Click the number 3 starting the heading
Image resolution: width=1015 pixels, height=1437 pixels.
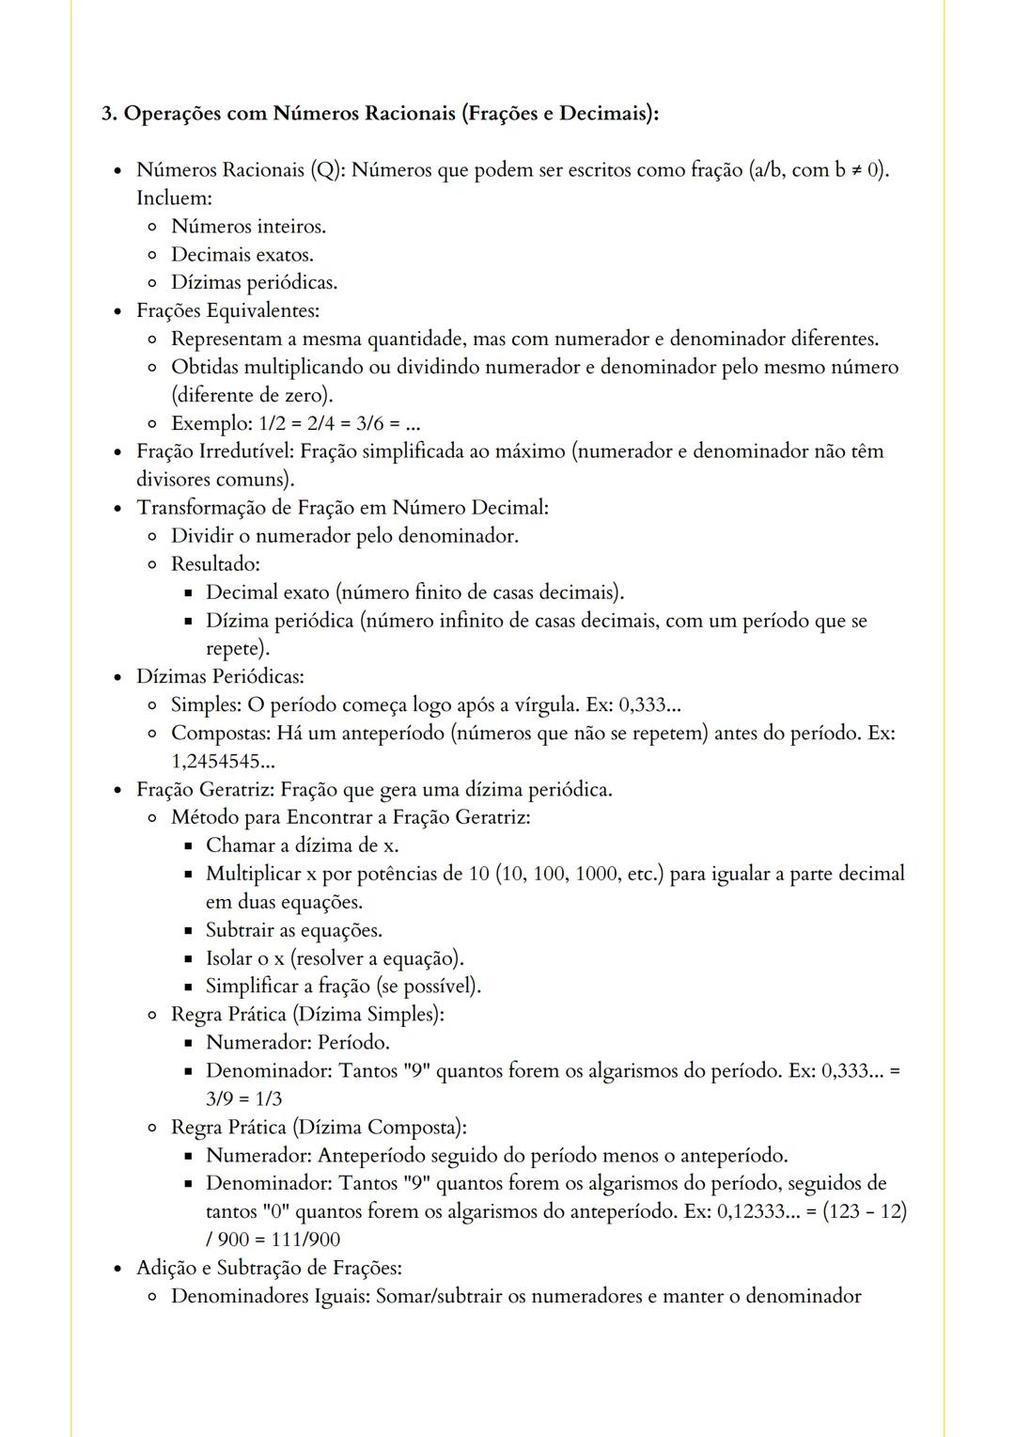tap(107, 114)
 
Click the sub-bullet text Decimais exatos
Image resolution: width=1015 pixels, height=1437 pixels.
tap(242, 255)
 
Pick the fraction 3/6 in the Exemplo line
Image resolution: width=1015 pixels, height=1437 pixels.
tap(371, 423)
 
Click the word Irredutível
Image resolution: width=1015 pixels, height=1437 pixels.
tap(244, 451)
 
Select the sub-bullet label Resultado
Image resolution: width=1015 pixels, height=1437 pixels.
tap(214, 564)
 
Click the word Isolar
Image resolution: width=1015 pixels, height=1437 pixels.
tap(228, 958)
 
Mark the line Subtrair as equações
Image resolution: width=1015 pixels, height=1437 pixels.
tap(293, 930)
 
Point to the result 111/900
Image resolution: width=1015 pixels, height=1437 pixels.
tap(305, 1240)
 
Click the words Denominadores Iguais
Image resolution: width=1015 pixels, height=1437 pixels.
tap(269, 1296)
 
